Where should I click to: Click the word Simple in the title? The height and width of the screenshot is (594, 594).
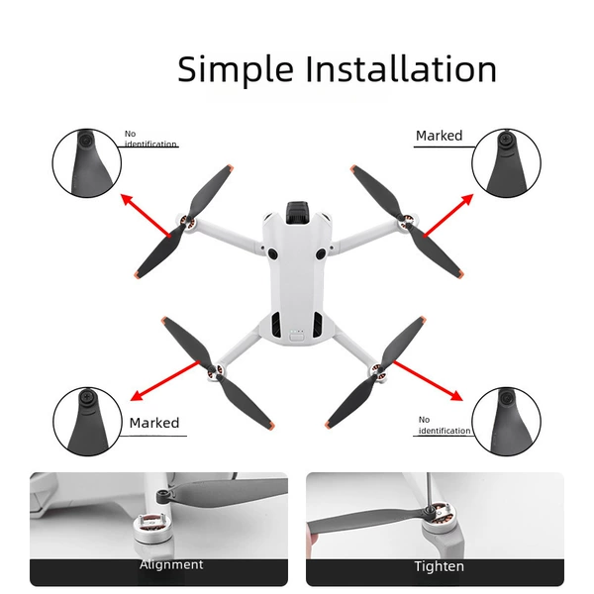(236, 69)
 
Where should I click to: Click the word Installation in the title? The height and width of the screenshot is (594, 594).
(401, 68)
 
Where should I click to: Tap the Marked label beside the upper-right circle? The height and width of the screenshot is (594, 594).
(439, 136)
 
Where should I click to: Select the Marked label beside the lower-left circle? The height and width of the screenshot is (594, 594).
(154, 423)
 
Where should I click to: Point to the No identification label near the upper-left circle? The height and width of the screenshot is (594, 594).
(150, 139)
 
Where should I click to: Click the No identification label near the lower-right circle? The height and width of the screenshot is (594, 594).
(444, 426)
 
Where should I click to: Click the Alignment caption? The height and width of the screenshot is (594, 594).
(171, 564)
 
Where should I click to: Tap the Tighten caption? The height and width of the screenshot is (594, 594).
(439, 566)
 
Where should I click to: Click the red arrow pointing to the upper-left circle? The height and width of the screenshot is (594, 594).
(146, 216)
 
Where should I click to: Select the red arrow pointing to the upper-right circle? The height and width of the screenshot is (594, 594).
(448, 215)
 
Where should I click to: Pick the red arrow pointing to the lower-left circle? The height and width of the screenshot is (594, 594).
(164, 381)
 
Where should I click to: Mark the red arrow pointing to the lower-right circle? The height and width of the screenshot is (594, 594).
(428, 381)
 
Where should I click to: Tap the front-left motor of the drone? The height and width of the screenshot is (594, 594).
(186, 222)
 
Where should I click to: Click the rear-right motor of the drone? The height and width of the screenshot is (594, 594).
(378, 372)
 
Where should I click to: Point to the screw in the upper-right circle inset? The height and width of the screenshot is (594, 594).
(506, 140)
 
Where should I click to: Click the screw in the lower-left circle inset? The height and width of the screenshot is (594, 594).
(86, 398)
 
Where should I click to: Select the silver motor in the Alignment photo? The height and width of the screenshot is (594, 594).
(150, 528)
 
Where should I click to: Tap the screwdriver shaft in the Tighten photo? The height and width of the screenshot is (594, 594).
(430, 490)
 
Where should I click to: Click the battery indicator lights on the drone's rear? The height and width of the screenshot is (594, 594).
(297, 331)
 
